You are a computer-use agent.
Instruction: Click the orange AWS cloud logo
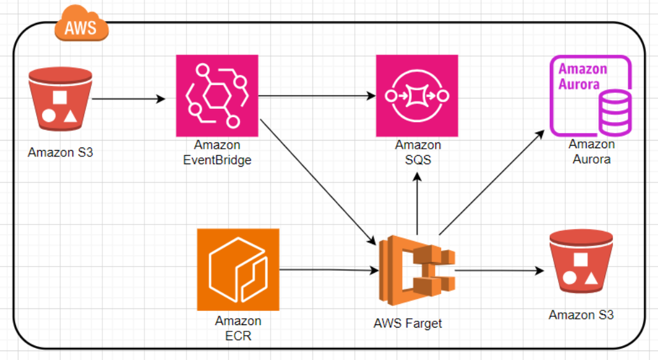coord(81,25)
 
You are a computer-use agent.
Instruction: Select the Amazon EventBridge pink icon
coord(217,95)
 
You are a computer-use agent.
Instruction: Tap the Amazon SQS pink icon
coord(417,95)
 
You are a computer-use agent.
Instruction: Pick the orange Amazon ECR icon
coord(238,270)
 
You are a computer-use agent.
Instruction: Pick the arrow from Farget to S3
coord(500,270)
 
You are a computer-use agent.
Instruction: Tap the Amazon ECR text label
coord(238,328)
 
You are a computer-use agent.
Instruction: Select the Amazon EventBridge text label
coord(217,153)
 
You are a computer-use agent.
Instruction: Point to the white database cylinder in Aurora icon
coord(615,109)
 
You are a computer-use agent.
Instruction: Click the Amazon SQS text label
coord(417,153)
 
